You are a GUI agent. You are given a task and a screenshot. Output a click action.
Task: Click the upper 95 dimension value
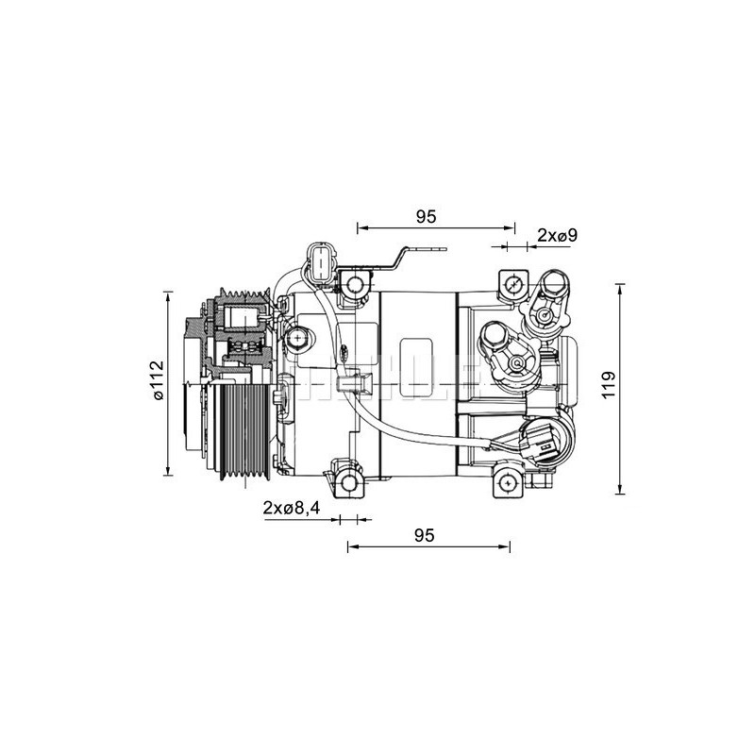click(x=425, y=216)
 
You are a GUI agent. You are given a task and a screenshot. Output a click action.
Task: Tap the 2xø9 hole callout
click(x=557, y=235)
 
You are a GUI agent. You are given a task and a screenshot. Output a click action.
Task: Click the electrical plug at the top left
click(x=322, y=261)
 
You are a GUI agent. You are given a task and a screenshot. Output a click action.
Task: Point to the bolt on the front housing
click(x=299, y=337)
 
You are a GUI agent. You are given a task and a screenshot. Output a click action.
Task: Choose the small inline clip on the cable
click(x=361, y=385)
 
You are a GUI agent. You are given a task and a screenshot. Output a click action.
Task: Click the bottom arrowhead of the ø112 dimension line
click(x=168, y=472)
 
